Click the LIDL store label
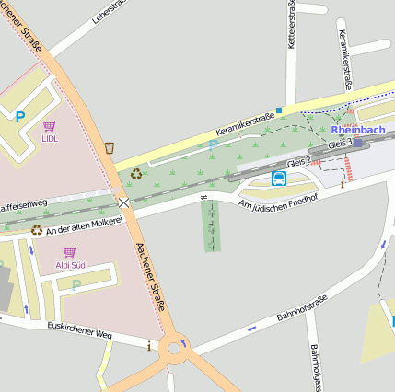pos(49,139)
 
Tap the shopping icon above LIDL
pos(49,125)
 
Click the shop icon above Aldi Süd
pos(70,251)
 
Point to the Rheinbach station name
pos(357,130)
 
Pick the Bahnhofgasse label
pos(316,368)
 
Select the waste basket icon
pos(110,147)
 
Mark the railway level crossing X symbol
pos(123,202)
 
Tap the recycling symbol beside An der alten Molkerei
pos(37,229)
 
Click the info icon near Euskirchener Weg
pos(149,346)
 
